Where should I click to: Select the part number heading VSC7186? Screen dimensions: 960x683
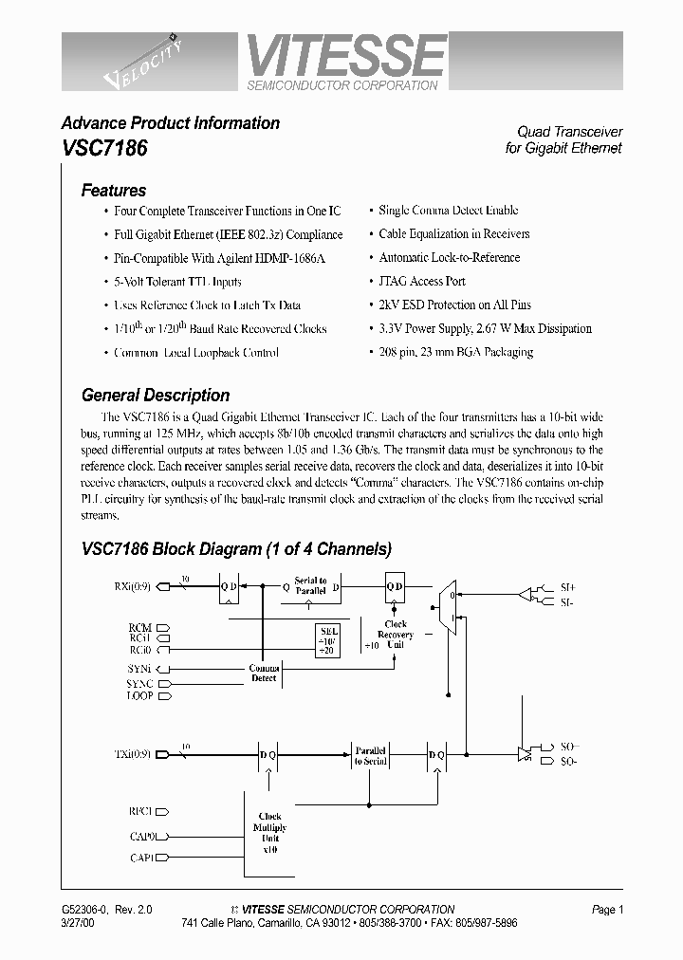click(104, 149)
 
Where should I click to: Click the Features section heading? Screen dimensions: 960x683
click(114, 190)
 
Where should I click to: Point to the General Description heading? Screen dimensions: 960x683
click(156, 395)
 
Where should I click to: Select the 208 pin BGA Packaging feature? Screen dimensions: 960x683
click(455, 352)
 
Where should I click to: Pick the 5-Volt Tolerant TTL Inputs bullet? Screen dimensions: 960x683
click(177, 282)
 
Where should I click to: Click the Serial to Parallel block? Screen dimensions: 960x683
click(310, 585)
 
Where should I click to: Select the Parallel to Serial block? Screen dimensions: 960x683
click(372, 755)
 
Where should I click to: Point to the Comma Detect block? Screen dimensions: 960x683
click(264, 673)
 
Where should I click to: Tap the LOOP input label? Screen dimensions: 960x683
click(139, 696)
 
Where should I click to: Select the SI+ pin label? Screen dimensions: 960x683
click(567, 588)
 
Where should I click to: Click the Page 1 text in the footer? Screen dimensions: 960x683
click(607, 910)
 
